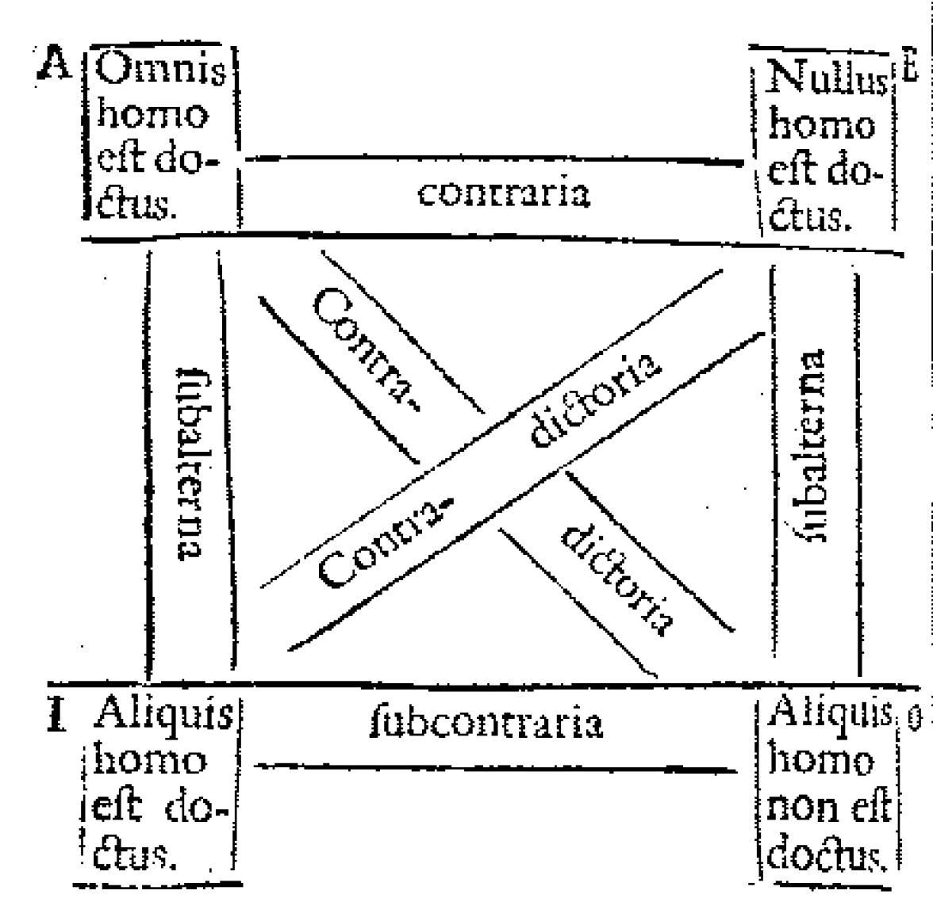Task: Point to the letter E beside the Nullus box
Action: click(909, 70)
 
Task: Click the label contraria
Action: click(505, 193)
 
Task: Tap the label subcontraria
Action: click(487, 722)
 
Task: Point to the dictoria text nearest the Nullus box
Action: click(595, 400)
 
